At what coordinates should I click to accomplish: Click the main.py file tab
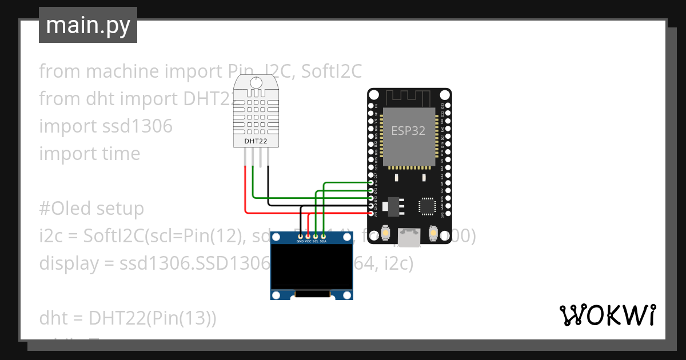(87, 25)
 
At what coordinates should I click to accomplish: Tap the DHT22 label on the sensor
(256, 141)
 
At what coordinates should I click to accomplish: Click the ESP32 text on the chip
(408, 130)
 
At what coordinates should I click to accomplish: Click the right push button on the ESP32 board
(434, 233)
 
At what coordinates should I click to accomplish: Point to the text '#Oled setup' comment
(91, 208)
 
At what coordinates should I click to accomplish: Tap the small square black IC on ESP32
(427, 206)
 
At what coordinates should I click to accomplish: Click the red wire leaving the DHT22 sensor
(245, 189)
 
